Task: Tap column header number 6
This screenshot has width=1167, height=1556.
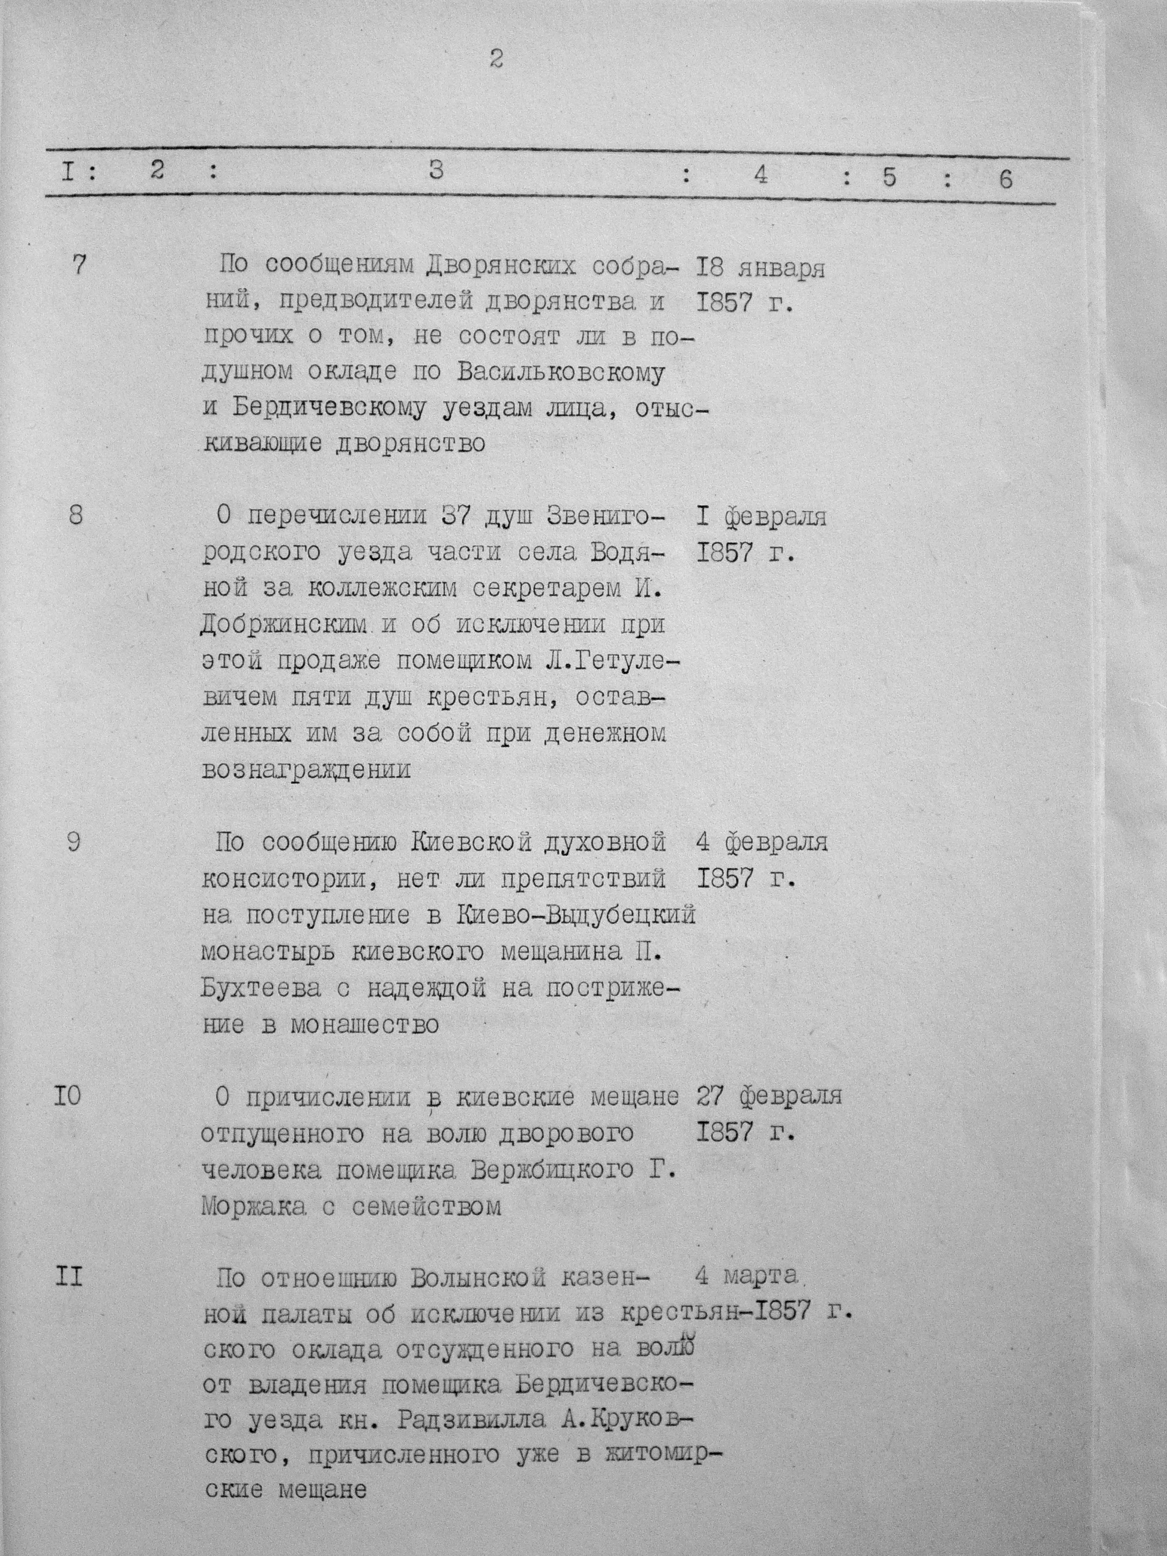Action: click(x=1006, y=179)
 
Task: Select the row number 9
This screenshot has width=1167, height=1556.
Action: click(x=74, y=842)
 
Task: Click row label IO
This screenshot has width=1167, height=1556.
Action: click(x=68, y=1097)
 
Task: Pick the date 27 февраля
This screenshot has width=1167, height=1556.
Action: click(x=769, y=1097)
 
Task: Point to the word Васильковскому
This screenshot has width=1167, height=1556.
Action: click(x=561, y=373)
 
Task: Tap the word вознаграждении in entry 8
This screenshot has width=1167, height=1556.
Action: click(x=307, y=770)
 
